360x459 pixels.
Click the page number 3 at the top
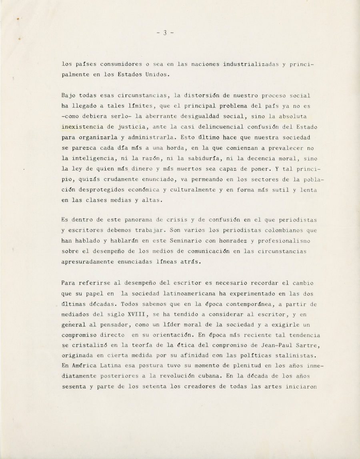click(165, 33)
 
